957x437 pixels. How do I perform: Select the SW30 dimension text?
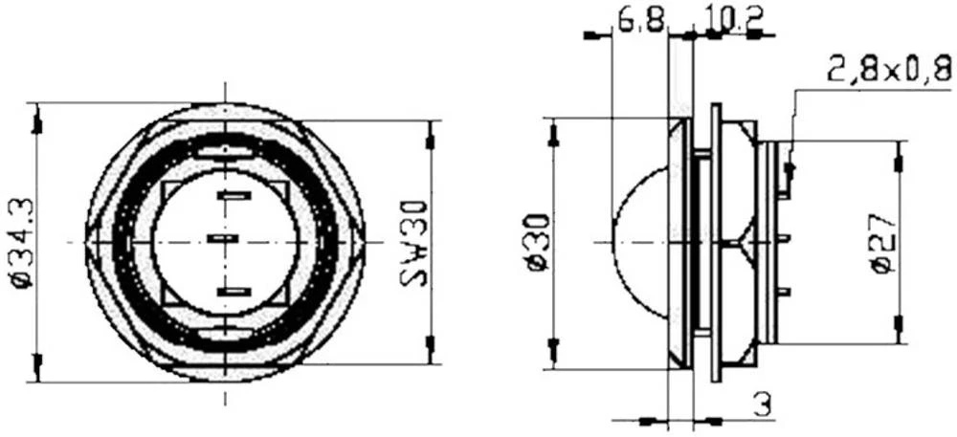pos(412,244)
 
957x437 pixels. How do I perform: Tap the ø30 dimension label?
pos(537,244)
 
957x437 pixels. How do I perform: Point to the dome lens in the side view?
pos(639,243)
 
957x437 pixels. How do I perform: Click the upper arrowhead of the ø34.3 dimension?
pos(38,123)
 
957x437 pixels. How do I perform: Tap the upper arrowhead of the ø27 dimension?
pos(898,164)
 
